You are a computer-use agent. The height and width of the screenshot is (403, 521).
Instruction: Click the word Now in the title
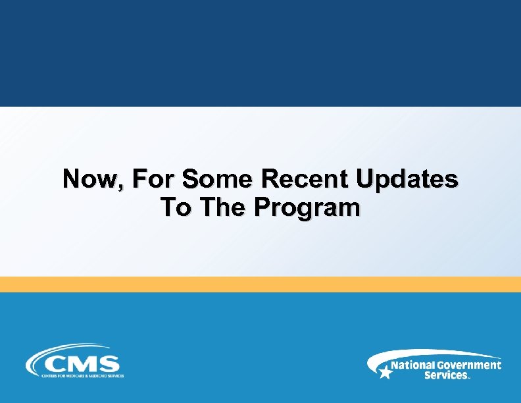(89, 179)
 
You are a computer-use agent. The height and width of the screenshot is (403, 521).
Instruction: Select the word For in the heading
(153, 179)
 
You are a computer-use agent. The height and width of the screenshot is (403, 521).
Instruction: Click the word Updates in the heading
(407, 180)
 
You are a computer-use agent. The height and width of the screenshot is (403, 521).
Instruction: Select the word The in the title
(224, 208)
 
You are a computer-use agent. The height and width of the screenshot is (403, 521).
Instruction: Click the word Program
(308, 209)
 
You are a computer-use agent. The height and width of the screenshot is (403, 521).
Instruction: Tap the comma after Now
(120, 187)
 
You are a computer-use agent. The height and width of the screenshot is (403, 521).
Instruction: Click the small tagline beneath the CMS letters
(82, 375)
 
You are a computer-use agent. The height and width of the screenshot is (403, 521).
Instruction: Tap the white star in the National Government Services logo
(385, 372)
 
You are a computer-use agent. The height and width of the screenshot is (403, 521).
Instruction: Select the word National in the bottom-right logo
(412, 365)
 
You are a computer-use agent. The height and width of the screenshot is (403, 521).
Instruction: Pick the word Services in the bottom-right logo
(446, 375)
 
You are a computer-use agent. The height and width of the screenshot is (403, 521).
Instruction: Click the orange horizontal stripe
(260, 284)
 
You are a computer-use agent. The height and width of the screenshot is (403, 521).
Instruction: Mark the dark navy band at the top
(260, 53)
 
